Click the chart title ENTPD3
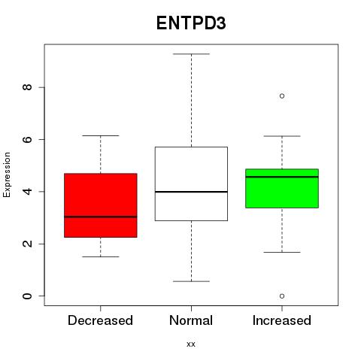191,23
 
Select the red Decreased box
101,205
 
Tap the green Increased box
282,188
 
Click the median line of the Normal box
191,192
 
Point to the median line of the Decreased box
101,217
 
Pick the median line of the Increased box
282,177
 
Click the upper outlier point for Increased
282,96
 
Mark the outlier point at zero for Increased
282,296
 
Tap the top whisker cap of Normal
191,54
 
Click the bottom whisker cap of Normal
191,281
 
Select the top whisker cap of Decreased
101,135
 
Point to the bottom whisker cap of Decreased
101,256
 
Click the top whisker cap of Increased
282,136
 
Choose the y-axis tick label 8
27,87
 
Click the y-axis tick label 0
27,296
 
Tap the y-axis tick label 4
27,192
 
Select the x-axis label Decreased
100,320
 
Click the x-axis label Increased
282,320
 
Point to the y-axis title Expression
7,174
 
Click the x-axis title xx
191,344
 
